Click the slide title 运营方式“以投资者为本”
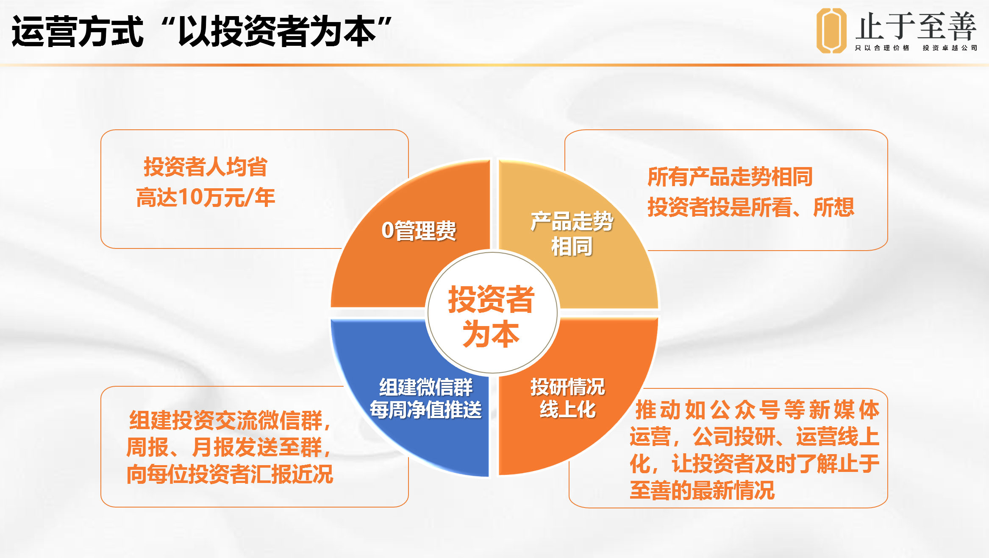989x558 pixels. pyautogui.click(x=202, y=31)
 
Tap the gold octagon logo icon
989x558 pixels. pyautogui.click(x=831, y=31)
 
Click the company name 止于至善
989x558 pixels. pyautogui.click(x=916, y=26)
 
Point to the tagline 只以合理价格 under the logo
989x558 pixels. pyautogui.click(x=882, y=48)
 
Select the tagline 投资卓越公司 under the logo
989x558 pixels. pyautogui.click(x=950, y=48)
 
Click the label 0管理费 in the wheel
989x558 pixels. pyautogui.click(x=419, y=231)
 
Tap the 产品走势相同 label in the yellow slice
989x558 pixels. pyautogui.click(x=572, y=234)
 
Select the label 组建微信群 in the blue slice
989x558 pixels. pyautogui.click(x=426, y=387)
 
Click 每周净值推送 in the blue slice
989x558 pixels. pyautogui.click(x=426, y=410)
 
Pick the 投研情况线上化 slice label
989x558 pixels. pyautogui.click(x=568, y=398)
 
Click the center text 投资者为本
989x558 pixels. pyautogui.click(x=491, y=316)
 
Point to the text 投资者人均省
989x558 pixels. pyautogui.click(x=206, y=167)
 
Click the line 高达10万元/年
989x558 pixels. pyautogui.click(x=206, y=197)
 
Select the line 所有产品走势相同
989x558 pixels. pyautogui.click(x=730, y=177)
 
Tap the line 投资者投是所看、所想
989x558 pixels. pyautogui.click(x=751, y=207)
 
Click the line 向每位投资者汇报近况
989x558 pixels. pyautogui.click(x=230, y=474)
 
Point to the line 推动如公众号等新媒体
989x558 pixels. pyautogui.click(x=757, y=410)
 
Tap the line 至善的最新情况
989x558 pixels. pyautogui.click(x=702, y=491)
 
